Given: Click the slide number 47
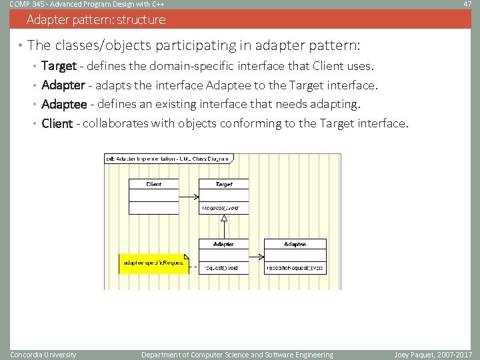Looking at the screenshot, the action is [467, 5].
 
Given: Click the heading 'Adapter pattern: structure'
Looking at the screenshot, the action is [96, 19].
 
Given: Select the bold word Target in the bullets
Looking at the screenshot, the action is [59, 66].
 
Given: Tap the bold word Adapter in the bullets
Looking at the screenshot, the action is [63, 85].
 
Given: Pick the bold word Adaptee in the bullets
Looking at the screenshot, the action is [64, 104].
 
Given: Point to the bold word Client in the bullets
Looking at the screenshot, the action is [57, 123].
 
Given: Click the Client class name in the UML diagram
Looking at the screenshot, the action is [153, 184].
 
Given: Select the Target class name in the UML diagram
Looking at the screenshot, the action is [224, 184].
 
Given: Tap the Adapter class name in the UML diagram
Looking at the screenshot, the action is [223, 245].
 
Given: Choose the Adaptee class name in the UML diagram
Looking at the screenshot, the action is [295, 245].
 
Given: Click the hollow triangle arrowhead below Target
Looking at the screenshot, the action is [225, 217].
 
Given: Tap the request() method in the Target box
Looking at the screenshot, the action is [220, 208].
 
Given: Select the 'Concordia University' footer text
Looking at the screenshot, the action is [43, 355].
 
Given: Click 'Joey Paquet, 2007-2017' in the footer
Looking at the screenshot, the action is [433, 355].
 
